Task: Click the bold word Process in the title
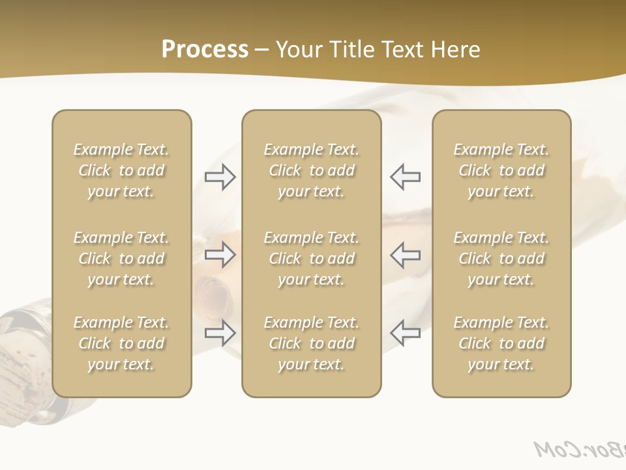click(205, 50)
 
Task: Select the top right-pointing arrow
click(220, 177)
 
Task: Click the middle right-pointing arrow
click(220, 255)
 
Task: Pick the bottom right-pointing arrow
click(220, 333)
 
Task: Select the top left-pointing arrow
click(405, 177)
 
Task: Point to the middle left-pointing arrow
click(405, 255)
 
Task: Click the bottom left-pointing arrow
click(405, 333)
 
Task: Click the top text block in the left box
click(121, 170)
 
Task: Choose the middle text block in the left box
click(121, 258)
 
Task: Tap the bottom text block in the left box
click(121, 343)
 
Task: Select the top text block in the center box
click(311, 170)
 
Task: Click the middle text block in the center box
click(311, 258)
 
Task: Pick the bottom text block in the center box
click(311, 343)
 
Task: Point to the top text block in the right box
click(501, 170)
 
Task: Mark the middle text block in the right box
click(501, 258)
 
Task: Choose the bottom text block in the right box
click(501, 343)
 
